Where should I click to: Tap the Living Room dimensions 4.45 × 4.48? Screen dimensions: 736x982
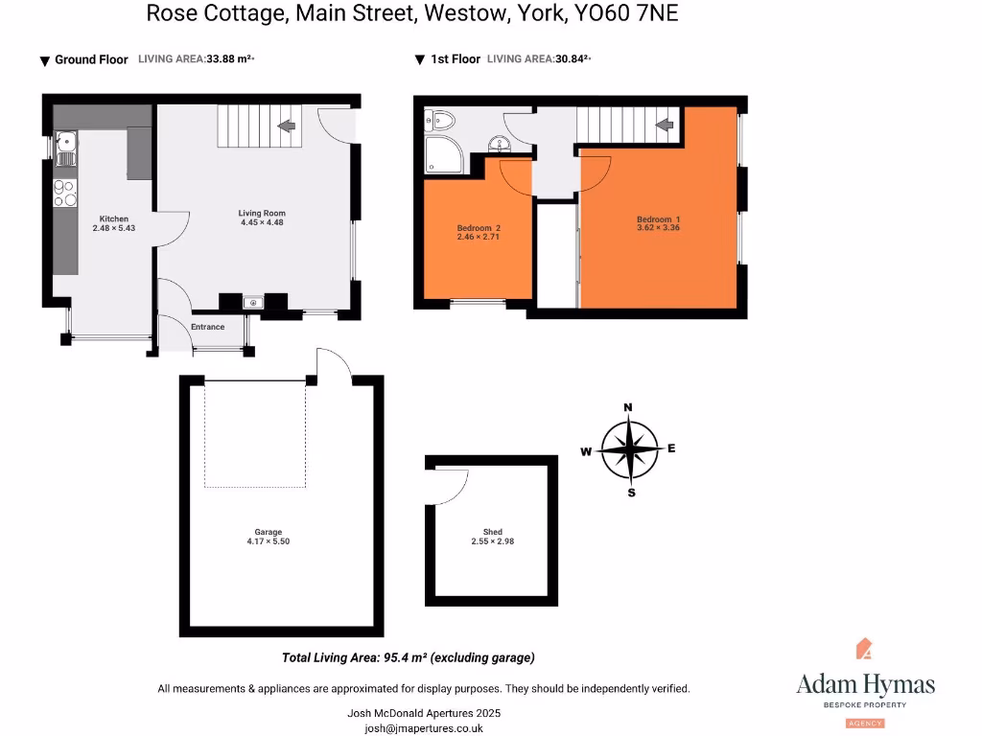point(262,222)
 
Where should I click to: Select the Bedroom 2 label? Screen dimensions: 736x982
point(479,227)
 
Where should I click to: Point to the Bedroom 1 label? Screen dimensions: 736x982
point(659,218)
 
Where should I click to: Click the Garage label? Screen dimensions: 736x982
point(268,532)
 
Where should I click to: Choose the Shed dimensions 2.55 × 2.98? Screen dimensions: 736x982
point(493,541)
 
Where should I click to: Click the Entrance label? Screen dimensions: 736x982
point(208,327)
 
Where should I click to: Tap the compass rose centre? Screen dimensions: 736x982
point(629,449)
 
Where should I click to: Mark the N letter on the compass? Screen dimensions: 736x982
point(629,407)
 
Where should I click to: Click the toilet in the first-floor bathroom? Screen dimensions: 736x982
point(443,120)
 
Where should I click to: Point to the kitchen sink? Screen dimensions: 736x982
point(65,149)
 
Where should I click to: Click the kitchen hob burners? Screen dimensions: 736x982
point(65,194)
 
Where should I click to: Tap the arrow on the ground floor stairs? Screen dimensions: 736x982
point(285,126)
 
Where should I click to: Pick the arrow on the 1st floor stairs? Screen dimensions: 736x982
point(661,124)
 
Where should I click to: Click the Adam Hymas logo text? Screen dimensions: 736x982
point(865,684)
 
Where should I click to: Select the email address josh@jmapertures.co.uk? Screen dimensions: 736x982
point(423,728)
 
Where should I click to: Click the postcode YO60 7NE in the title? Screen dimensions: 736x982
point(627,14)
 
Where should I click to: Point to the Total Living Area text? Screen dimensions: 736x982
point(409,657)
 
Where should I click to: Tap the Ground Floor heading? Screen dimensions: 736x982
point(91,59)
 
